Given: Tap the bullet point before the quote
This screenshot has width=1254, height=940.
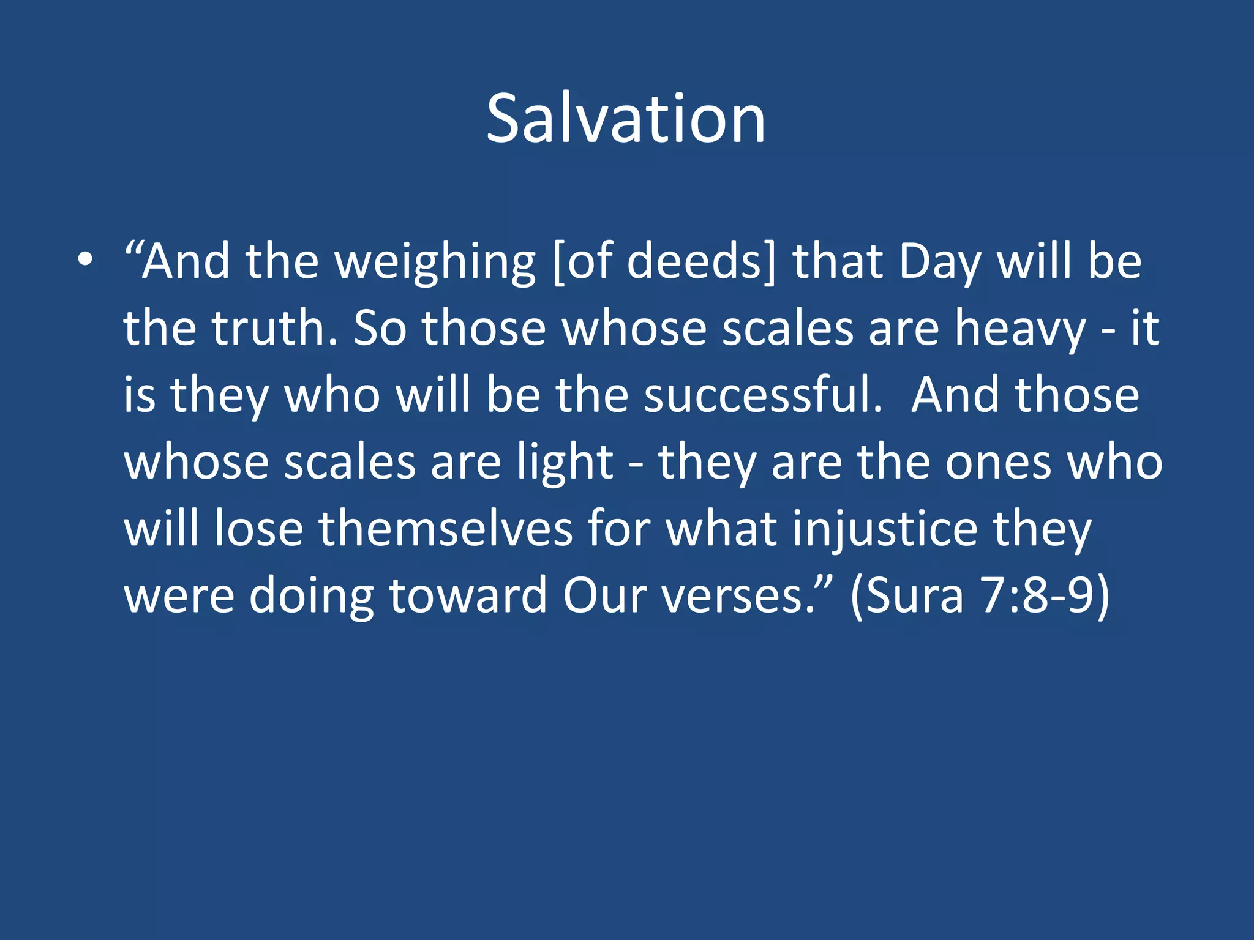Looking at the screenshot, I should [86, 260].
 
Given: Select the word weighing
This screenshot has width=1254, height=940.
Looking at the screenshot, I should [435, 262].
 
